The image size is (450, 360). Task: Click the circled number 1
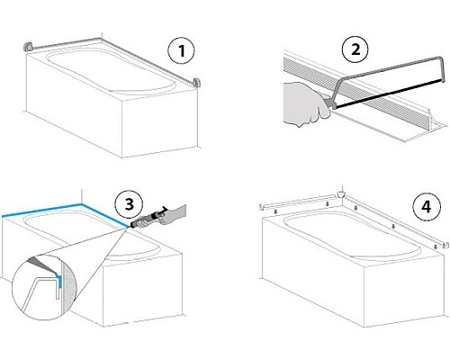coord(181,50)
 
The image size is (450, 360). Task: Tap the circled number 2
coord(355,49)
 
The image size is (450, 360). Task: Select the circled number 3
coord(130,205)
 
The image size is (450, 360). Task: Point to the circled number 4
coord(427,207)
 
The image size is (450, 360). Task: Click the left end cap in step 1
coord(28,47)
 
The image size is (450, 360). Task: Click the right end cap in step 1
coord(196,83)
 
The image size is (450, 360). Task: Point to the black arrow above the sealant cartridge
coord(164,209)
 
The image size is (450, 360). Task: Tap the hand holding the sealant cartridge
coord(173,214)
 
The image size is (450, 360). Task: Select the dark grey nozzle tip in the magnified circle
coord(42,265)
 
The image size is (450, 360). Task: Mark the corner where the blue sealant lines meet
coord(82,204)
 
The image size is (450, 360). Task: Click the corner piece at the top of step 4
coord(340,194)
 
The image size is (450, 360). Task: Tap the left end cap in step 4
coord(262,207)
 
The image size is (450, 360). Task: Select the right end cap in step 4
coord(446,245)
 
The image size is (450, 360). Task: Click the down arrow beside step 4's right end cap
coord(436,247)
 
